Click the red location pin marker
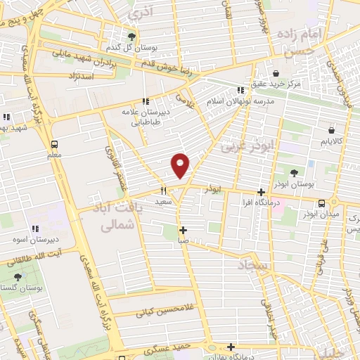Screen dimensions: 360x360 (x=181, y=165)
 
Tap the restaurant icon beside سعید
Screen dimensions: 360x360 (x=162, y=190)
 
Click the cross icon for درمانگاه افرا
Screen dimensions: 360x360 (x=261, y=192)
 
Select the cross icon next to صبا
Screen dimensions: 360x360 (x=183, y=230)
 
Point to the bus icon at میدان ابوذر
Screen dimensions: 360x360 (x=321, y=203)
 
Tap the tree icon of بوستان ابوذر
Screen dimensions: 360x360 (x=294, y=172)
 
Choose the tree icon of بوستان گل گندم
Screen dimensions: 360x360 (x=131, y=37)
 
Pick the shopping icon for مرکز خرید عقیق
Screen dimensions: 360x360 (x=275, y=73)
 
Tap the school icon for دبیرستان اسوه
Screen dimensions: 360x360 (x=34, y=228)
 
